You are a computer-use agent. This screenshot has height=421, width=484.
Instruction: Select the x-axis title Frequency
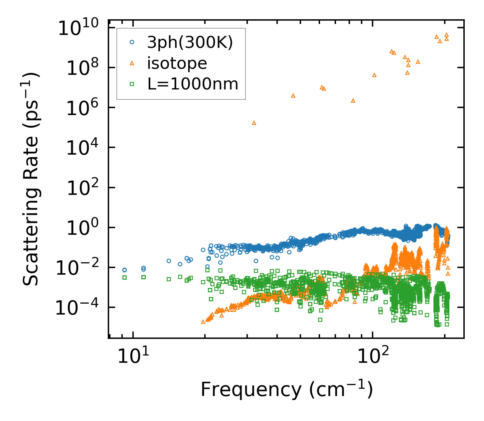pyautogui.click(x=286, y=390)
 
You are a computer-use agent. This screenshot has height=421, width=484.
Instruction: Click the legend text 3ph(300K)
pyautogui.click(x=190, y=42)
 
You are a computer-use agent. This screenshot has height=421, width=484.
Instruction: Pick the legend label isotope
pyautogui.click(x=177, y=63)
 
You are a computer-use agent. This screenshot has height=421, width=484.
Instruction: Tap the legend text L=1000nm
pyautogui.click(x=193, y=84)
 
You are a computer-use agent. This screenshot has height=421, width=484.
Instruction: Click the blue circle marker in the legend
pyautogui.click(x=132, y=42)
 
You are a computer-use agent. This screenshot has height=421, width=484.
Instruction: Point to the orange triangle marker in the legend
pyautogui.click(x=132, y=63)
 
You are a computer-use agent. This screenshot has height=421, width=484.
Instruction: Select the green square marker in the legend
pyautogui.click(x=132, y=84)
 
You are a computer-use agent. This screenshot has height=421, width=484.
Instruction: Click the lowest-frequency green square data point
pyautogui.click(x=125, y=277)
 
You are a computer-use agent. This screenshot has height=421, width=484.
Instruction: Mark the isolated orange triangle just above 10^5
pyautogui.click(x=254, y=123)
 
